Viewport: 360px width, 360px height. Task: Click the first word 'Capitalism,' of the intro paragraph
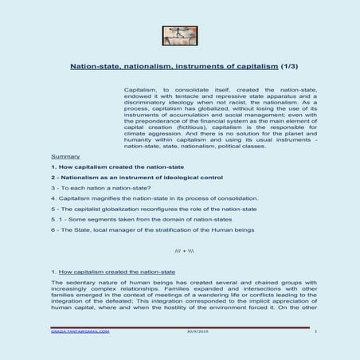tap(141, 92)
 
